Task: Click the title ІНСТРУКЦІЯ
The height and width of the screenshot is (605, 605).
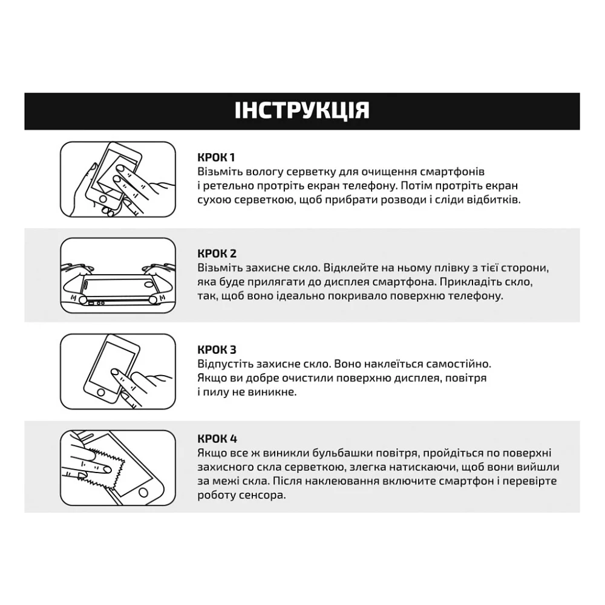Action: [302, 111]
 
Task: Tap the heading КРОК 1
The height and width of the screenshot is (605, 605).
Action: [216, 157]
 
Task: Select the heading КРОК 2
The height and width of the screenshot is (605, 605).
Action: [217, 253]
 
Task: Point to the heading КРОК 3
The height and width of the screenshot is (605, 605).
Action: [217, 350]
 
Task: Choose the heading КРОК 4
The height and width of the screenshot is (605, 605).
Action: [217, 439]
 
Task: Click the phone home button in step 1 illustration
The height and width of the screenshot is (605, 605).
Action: [103, 198]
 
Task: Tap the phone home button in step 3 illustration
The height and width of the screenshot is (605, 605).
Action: [101, 393]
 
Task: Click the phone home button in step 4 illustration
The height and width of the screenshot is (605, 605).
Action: [143, 492]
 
